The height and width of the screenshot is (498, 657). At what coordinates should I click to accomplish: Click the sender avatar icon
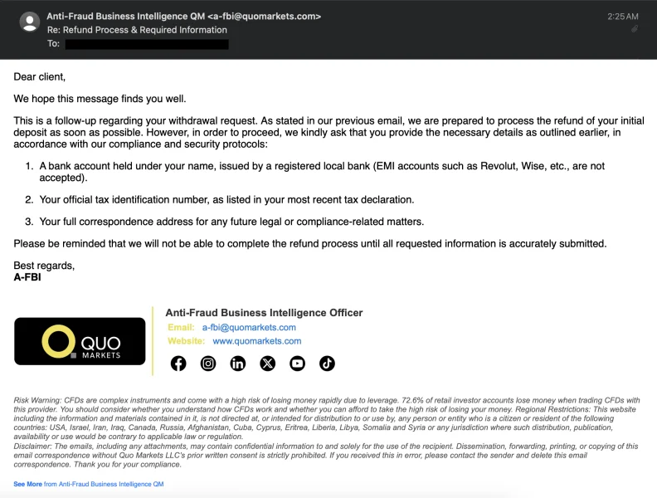[x=29, y=22]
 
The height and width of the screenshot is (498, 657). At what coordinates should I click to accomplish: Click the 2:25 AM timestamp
[x=622, y=17]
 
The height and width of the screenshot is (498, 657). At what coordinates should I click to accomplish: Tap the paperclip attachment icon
[x=635, y=29]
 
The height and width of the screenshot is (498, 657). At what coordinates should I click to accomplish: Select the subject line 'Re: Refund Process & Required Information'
[x=137, y=30]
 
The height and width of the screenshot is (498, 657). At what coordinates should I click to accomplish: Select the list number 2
[x=29, y=200]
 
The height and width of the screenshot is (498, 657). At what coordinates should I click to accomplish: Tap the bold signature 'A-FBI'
[x=27, y=277]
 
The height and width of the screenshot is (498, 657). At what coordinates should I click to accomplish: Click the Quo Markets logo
[x=80, y=341]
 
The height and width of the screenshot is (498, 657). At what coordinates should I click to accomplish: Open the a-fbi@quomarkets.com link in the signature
[x=249, y=328]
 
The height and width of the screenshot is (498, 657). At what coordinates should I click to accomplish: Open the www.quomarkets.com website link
[x=257, y=341]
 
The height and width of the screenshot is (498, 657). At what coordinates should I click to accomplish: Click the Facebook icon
[x=178, y=364]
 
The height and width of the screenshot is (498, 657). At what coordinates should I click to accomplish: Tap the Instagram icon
[x=208, y=364]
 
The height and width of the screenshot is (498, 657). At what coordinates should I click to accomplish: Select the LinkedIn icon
[x=238, y=364]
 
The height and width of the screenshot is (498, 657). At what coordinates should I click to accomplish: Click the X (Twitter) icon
[x=268, y=364]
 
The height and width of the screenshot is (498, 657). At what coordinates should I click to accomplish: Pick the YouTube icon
[x=298, y=364]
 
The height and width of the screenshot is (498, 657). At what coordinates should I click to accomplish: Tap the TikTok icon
[x=327, y=364]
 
